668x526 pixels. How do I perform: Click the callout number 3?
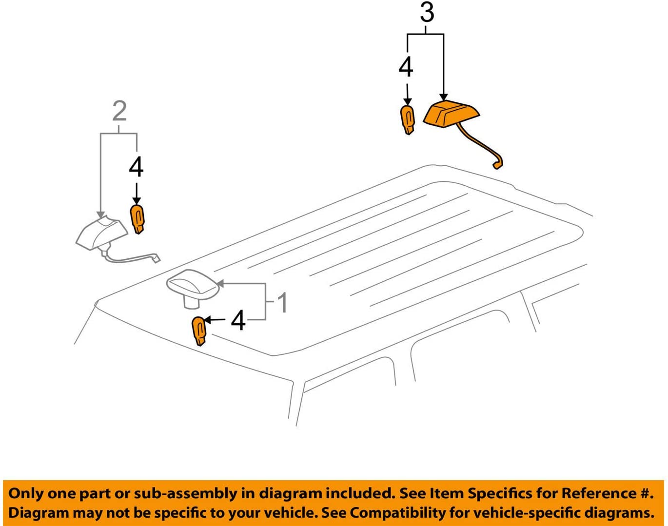(427, 13)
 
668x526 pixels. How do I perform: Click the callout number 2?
(119, 111)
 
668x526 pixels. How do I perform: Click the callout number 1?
(282, 303)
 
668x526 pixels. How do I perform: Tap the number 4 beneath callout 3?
(406, 67)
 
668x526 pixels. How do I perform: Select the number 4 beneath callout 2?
(136, 167)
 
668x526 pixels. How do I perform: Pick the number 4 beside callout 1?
(238, 321)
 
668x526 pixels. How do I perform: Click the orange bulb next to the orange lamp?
(408, 120)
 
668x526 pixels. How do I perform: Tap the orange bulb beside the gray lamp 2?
(138, 219)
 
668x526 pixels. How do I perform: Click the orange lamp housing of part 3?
(452, 114)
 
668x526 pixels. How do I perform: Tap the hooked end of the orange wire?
(497, 165)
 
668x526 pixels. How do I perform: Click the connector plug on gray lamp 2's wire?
(157, 258)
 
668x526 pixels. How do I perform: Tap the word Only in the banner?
(25, 493)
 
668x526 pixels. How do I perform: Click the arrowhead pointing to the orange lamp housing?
(444, 97)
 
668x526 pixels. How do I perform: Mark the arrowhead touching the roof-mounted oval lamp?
(220, 283)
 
